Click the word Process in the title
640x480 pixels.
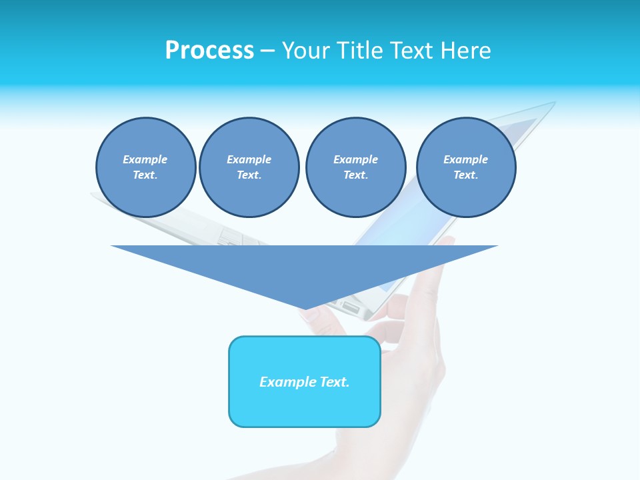209,51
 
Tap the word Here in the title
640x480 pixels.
464,51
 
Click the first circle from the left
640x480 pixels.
146,167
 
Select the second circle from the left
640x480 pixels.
249,167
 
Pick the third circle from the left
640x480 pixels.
355,167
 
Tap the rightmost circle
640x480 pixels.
466,167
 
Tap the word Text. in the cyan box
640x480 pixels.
335,382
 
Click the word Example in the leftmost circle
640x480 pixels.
145,159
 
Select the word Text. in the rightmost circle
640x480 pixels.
466,175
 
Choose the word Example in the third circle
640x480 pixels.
355,159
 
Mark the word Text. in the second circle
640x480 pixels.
249,175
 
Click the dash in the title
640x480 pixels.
267,51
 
